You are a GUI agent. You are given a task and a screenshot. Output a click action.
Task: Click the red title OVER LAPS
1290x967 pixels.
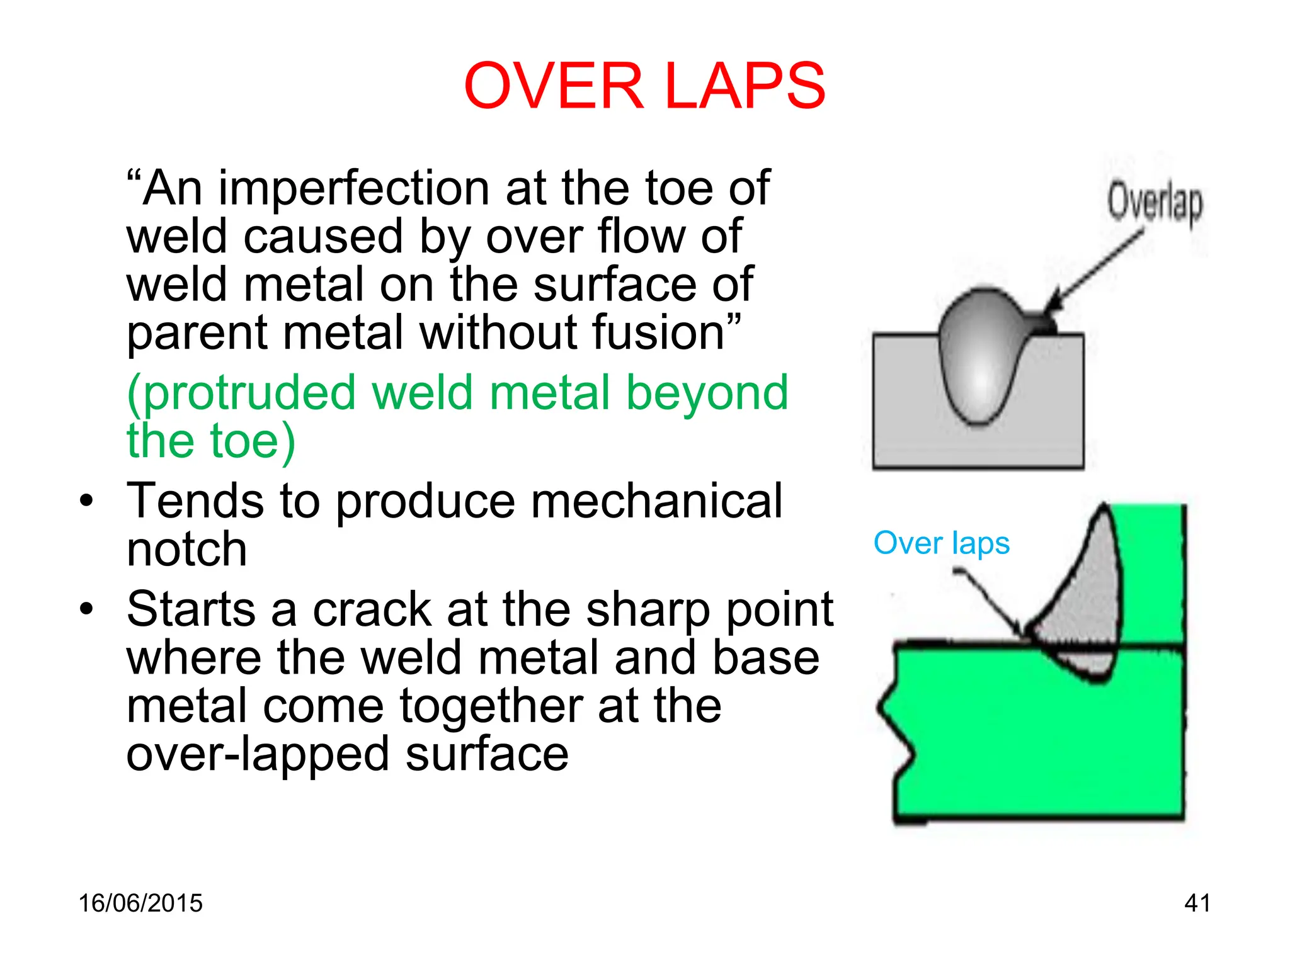[644, 86]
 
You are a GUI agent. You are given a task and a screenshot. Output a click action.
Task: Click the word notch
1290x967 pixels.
[186, 549]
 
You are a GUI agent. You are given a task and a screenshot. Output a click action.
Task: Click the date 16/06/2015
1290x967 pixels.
[140, 903]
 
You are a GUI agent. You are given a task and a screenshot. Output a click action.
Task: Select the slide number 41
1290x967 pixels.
[1197, 903]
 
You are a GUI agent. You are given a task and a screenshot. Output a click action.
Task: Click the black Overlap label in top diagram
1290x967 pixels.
[1155, 203]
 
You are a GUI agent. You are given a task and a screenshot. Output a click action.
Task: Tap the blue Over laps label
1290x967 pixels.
[941, 543]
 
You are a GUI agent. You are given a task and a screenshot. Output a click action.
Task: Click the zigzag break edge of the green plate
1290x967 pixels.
[894, 730]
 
